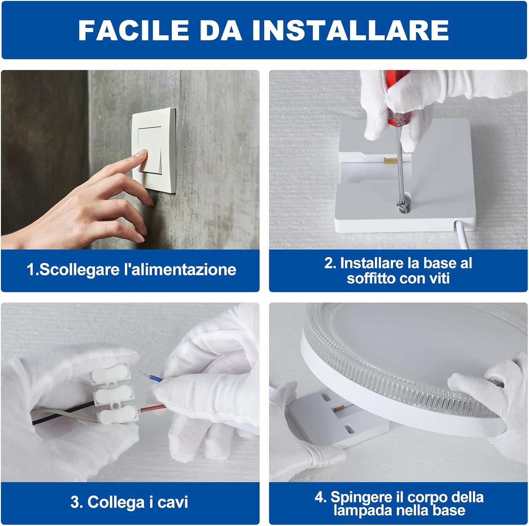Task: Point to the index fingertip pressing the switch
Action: click(143, 153)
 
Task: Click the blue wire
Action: click(150, 376)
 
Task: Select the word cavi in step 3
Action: click(173, 502)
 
